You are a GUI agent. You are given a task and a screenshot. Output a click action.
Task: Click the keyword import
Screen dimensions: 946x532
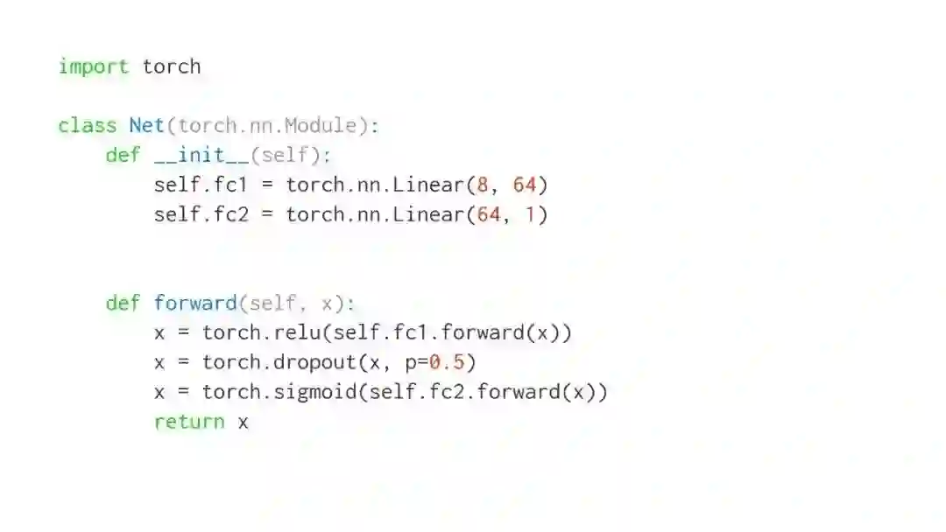click(93, 66)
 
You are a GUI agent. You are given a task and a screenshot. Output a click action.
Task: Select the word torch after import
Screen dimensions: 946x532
click(172, 66)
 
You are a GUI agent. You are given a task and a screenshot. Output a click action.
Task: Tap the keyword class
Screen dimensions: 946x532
click(88, 125)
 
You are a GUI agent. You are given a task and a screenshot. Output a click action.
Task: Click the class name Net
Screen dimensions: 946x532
click(147, 125)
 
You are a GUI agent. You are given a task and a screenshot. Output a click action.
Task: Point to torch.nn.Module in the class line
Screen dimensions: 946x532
click(267, 125)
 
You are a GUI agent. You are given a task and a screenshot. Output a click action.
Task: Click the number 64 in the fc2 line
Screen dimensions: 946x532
click(488, 214)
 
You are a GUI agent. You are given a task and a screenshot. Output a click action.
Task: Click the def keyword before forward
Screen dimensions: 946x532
click(124, 303)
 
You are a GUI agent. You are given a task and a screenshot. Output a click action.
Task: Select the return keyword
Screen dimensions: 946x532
click(189, 422)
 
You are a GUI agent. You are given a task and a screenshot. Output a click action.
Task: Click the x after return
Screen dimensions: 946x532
click(244, 422)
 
